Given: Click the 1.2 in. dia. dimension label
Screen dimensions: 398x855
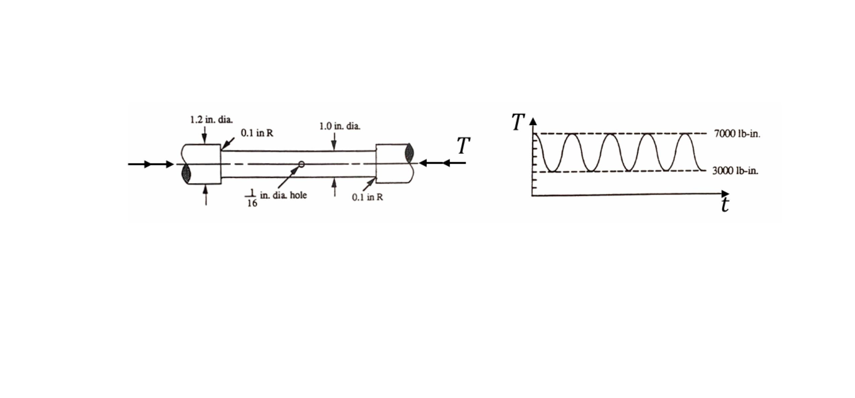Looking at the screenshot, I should [211, 120].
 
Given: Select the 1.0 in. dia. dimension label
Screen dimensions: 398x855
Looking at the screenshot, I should [339, 126].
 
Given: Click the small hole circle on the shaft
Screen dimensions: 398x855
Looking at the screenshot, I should [301, 164].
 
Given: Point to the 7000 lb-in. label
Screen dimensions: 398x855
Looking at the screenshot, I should [737, 134].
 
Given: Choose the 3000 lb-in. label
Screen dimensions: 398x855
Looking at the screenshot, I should [735, 171].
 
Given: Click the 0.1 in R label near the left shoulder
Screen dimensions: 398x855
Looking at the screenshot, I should [257, 133].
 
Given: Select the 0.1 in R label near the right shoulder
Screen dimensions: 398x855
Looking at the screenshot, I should [367, 197].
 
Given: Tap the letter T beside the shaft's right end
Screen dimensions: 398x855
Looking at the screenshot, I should [463, 146].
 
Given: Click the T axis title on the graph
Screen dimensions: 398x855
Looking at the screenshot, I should [518, 122].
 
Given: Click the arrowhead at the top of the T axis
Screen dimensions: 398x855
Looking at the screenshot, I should [533, 121].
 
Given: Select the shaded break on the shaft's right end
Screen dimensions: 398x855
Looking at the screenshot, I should [409, 153].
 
